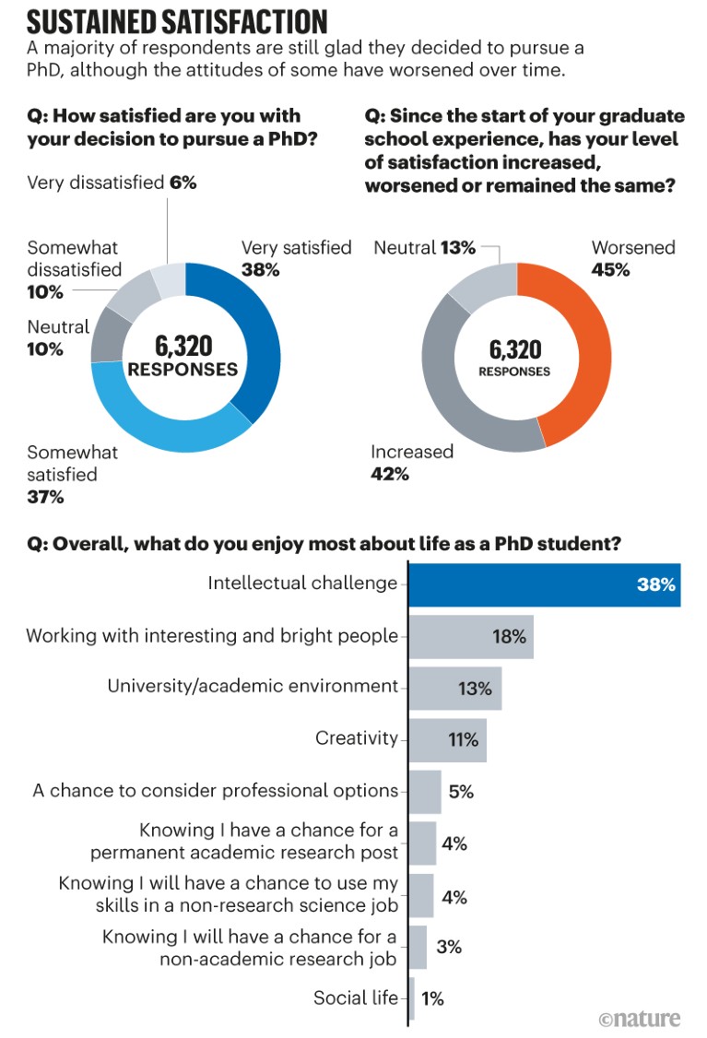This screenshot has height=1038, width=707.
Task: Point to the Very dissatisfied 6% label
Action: pos(112,183)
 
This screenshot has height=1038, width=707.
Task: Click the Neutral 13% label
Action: pos(424,247)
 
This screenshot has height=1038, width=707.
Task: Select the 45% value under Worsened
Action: pos(611,270)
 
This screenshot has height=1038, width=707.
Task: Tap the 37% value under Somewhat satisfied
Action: pos(45,498)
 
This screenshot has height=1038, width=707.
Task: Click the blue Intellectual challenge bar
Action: pos(544,584)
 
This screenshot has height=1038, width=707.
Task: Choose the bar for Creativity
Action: pos(447,739)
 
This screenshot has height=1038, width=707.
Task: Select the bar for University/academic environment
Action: pos(454,688)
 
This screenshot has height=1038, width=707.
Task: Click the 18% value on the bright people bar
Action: pos(508,636)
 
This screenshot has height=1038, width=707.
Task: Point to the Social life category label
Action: pos(356,997)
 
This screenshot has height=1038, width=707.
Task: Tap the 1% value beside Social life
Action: pos(431,998)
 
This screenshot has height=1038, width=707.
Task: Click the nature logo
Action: pos(639,1019)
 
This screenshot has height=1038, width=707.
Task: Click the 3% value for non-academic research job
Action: pos(448,947)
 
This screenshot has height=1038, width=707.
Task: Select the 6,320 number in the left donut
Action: pos(183,346)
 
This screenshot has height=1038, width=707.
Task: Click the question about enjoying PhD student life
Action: pos(323,543)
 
